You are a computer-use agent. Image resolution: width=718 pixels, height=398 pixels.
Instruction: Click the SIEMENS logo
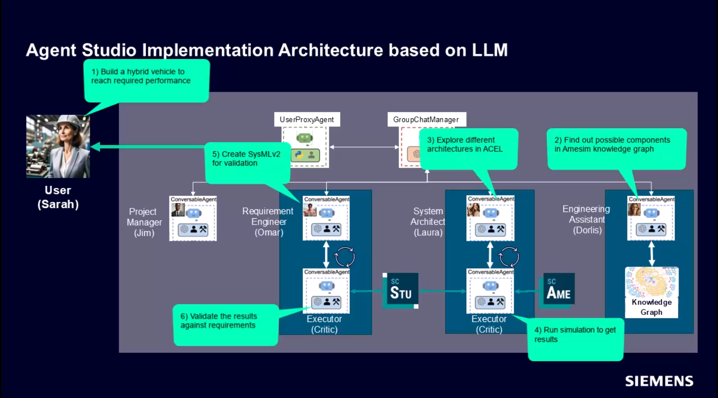(x=659, y=381)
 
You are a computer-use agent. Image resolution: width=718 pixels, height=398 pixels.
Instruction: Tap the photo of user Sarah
(x=58, y=146)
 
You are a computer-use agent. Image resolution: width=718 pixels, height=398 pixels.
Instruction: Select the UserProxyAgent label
(x=307, y=119)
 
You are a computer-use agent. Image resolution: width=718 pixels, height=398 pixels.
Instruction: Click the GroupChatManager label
(x=426, y=119)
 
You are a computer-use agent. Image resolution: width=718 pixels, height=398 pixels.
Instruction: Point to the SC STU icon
(x=400, y=291)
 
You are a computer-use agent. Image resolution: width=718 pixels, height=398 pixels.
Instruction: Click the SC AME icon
(x=558, y=291)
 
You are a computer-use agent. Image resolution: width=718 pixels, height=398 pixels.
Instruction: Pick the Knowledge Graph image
(x=651, y=283)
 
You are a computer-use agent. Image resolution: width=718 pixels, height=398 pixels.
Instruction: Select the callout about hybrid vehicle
(x=146, y=80)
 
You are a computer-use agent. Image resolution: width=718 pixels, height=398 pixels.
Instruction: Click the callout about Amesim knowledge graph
(x=616, y=149)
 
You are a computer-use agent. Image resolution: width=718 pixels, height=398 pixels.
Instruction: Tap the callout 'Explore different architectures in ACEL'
(x=468, y=149)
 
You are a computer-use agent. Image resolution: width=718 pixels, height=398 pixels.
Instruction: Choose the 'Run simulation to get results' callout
(x=575, y=339)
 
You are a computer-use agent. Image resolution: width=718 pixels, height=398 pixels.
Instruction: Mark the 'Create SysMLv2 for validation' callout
(x=247, y=162)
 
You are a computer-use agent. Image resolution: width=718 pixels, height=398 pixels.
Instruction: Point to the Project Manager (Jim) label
(x=144, y=222)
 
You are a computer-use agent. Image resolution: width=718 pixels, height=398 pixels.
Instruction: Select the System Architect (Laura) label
(x=428, y=222)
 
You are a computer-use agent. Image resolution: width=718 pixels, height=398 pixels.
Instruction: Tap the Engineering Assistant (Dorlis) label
(x=587, y=219)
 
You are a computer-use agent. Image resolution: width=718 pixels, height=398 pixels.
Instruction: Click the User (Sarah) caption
(x=58, y=197)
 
